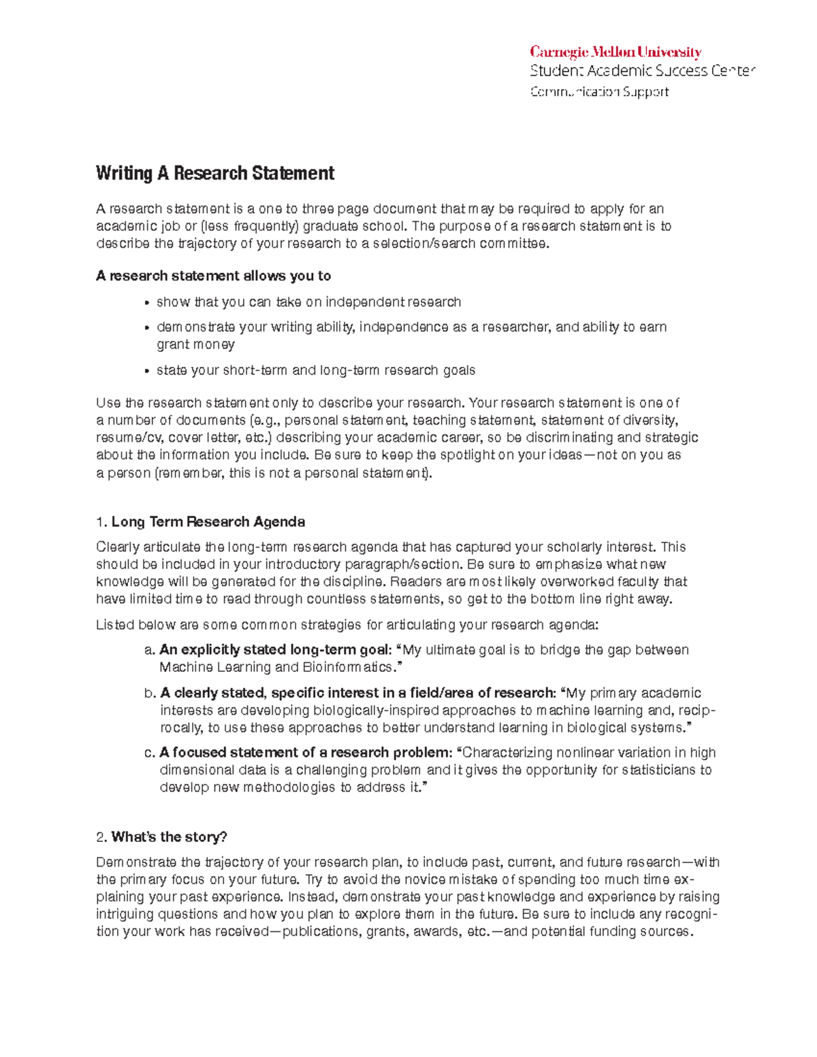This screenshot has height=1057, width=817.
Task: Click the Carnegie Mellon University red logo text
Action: [x=615, y=52]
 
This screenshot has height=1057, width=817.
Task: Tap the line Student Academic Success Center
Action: [x=643, y=71]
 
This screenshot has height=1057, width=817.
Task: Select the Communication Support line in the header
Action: [x=599, y=92]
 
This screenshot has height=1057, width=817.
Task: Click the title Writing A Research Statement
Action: [x=215, y=174]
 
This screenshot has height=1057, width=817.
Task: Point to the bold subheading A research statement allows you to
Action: [x=213, y=276]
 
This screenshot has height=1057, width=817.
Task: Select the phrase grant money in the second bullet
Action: [x=195, y=344]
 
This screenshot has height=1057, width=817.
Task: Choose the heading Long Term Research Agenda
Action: [x=208, y=522]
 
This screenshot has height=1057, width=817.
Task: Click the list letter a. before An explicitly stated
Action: [x=150, y=650]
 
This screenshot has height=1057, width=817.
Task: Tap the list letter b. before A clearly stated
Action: [x=150, y=693]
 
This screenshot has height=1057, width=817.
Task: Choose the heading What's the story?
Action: [x=169, y=836]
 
